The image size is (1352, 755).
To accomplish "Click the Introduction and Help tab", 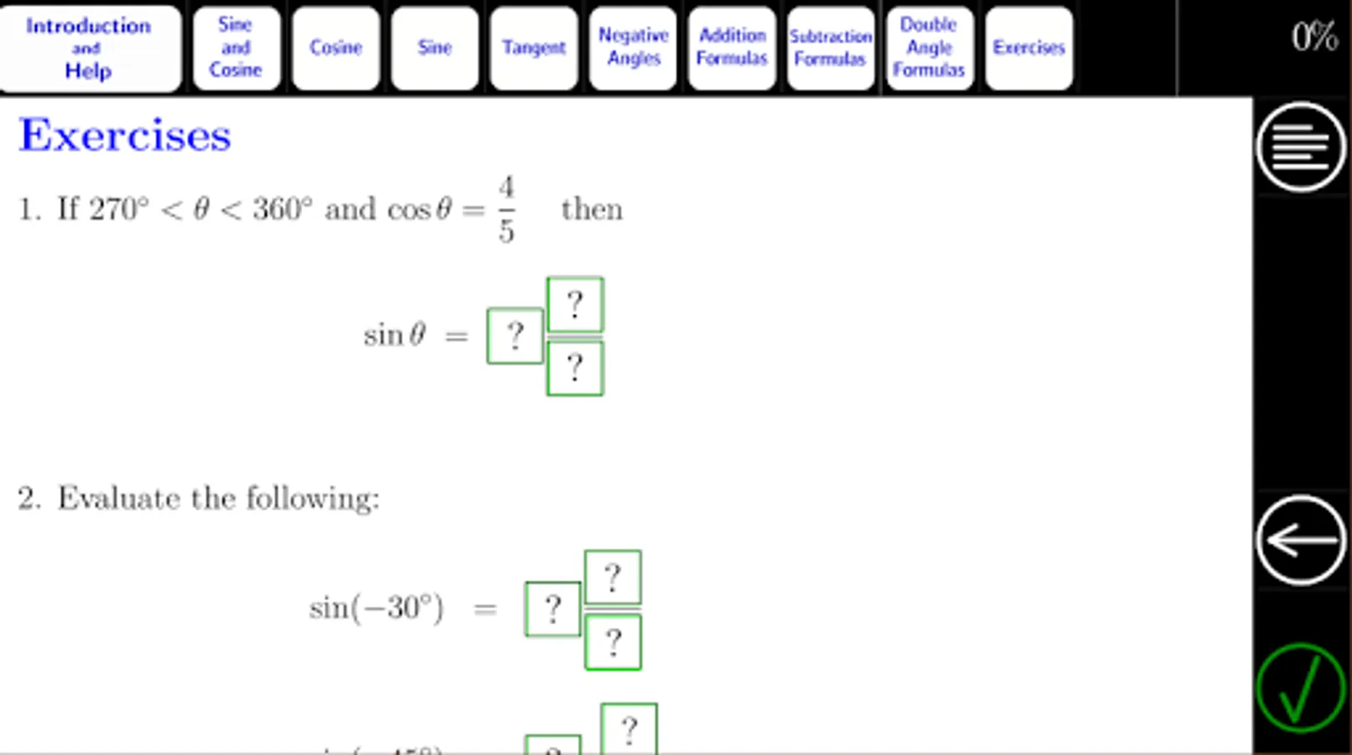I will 89,48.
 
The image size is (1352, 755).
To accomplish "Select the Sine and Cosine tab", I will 236,48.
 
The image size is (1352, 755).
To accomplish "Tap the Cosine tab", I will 335,48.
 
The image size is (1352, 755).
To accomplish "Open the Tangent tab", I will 534,48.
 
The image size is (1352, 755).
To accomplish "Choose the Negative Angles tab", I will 633,48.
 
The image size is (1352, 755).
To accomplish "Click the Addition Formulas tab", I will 732,48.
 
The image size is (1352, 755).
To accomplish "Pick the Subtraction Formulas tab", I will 831,48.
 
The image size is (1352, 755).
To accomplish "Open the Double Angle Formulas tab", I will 929,48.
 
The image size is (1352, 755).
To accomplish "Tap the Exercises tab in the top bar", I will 1028,48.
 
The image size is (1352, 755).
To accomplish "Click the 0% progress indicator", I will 1313,37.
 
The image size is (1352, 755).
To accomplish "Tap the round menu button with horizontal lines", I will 1301,147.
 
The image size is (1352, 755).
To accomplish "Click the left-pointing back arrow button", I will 1301,539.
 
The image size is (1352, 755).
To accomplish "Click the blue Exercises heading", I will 125,135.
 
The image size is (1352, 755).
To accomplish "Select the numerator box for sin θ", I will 575,305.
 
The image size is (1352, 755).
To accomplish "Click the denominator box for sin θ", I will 575,367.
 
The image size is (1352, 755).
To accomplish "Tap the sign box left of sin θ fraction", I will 514,336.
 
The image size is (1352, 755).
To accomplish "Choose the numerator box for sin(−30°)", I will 613,577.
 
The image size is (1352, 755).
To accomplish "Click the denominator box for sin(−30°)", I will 613,642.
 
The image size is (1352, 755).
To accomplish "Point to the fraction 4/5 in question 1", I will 506,209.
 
